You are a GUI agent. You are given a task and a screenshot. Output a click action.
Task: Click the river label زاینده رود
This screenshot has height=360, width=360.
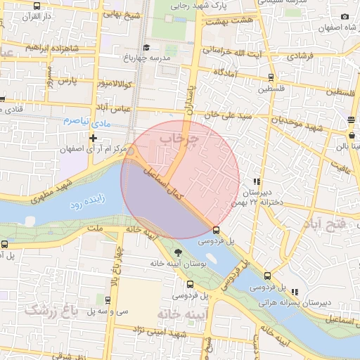coord(86,203)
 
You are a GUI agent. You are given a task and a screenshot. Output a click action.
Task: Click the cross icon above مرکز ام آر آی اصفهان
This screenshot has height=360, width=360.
coord(92,138)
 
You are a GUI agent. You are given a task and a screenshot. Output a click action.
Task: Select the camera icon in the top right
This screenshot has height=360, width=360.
coord(345,17)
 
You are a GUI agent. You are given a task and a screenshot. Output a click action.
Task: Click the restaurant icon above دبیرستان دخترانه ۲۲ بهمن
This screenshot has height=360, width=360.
coord(257,181)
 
